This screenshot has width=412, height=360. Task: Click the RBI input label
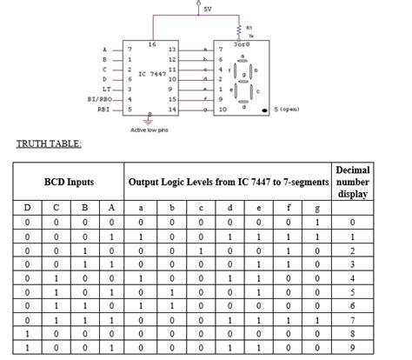tap(103, 110)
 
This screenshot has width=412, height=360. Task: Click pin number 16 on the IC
tap(152, 43)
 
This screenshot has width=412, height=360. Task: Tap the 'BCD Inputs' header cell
tap(70, 183)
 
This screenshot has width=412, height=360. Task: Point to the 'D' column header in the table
tap(27, 207)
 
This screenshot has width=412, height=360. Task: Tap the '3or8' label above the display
tap(242, 41)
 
